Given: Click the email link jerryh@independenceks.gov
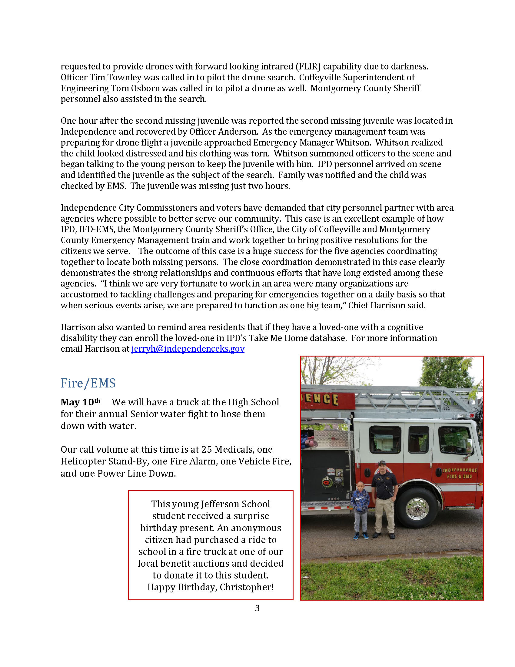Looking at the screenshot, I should [188, 349].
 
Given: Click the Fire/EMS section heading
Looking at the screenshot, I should [88, 383].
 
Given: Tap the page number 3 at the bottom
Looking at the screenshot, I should [257, 608].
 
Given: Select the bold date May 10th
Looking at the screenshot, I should [80, 402].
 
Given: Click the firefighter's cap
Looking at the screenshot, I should [382, 463].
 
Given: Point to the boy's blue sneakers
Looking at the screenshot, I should [361, 536].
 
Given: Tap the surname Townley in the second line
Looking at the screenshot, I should [124, 78].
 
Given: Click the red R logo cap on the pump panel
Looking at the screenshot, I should [326, 482].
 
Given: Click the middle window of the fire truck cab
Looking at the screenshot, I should [418, 439].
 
